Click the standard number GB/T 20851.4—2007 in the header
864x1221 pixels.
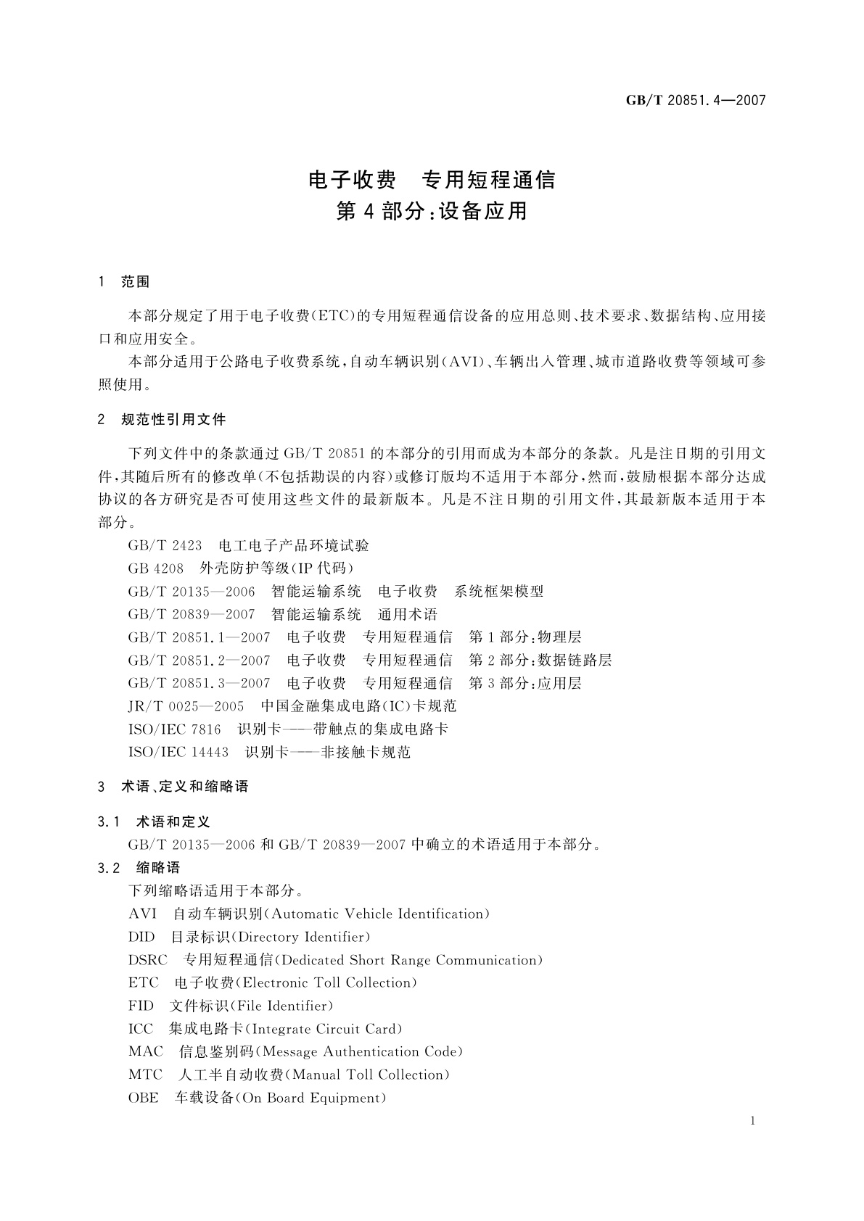(x=696, y=101)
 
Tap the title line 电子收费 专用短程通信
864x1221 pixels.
(x=432, y=179)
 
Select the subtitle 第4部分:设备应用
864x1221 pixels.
(x=432, y=212)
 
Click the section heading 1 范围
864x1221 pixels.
(x=124, y=282)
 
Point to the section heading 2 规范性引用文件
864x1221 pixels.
(x=162, y=420)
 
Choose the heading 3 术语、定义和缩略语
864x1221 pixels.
(x=173, y=787)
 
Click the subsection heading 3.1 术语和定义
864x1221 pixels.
(x=154, y=821)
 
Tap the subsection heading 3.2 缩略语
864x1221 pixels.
(x=139, y=868)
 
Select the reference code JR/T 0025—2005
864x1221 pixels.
(x=186, y=706)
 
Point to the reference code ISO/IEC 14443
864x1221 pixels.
(x=178, y=753)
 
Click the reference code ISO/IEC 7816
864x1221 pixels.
(x=175, y=729)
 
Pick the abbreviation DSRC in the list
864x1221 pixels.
(x=148, y=960)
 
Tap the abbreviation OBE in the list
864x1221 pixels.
(x=143, y=1098)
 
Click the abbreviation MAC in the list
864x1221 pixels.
(x=146, y=1052)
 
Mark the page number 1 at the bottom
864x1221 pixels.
(x=753, y=1121)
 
